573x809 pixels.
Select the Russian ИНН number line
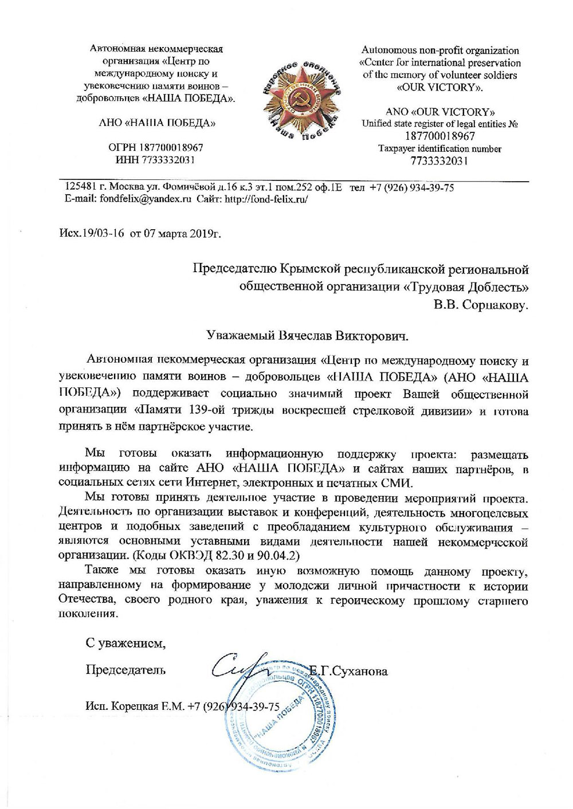tap(156, 160)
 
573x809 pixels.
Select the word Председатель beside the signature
tap(125, 669)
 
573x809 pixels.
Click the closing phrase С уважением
tap(125, 643)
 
